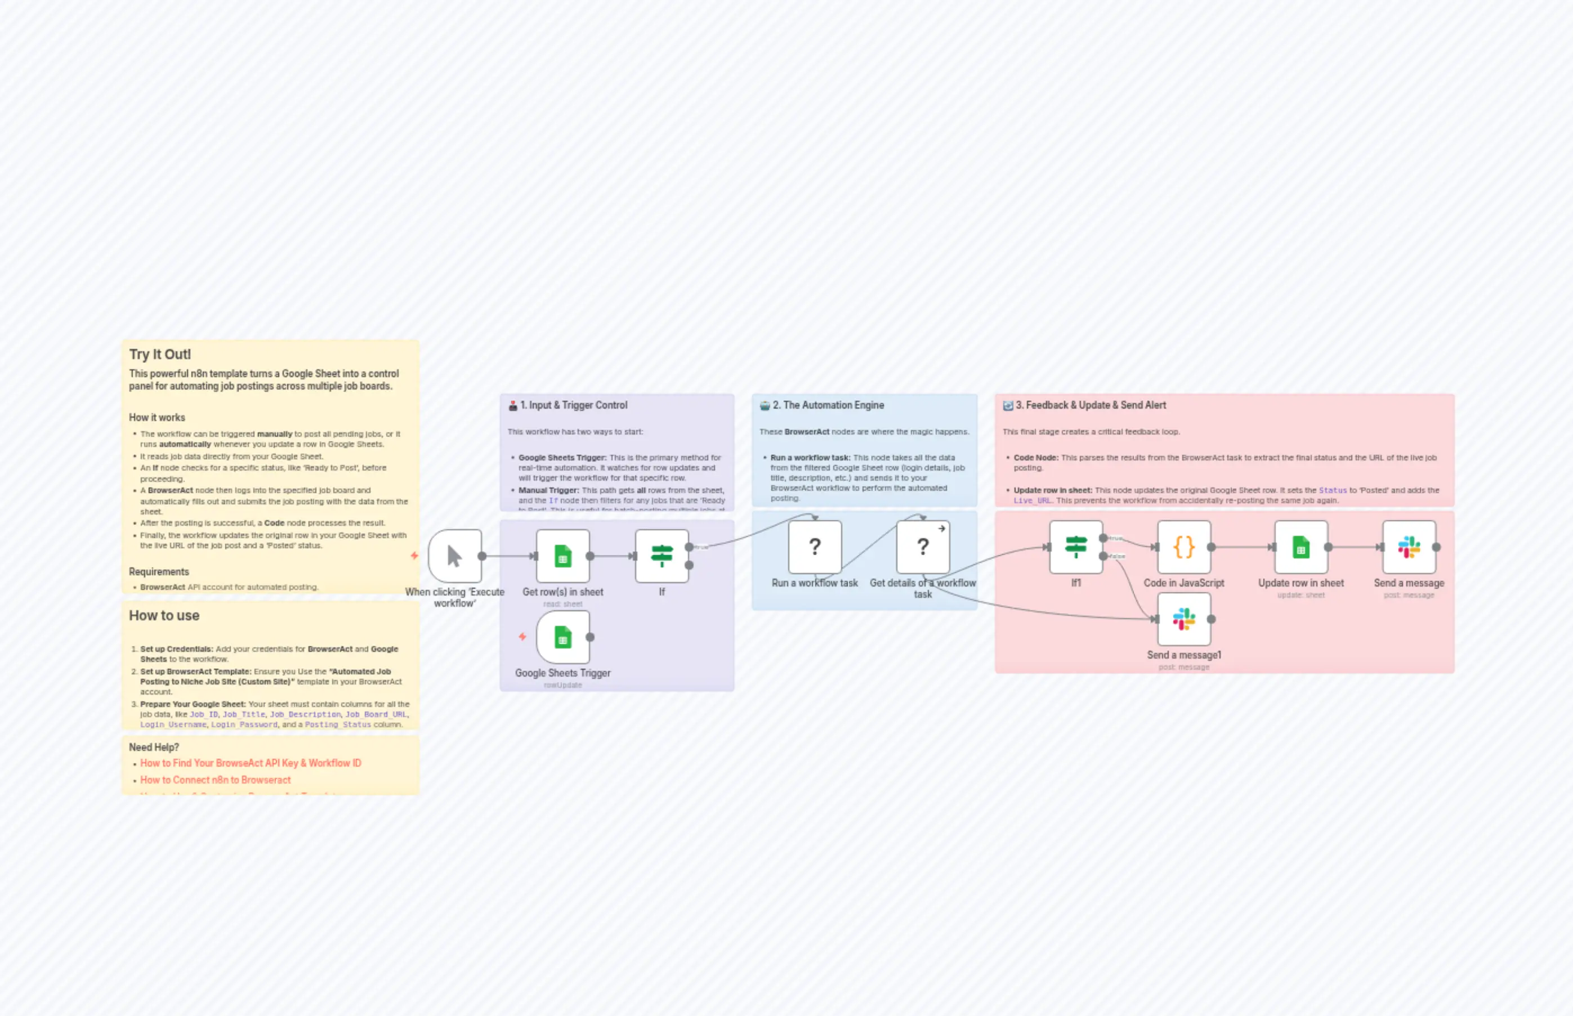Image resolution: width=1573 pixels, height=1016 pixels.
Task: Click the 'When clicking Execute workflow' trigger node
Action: (x=454, y=556)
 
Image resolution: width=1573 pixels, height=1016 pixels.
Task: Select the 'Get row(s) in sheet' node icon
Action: (x=562, y=556)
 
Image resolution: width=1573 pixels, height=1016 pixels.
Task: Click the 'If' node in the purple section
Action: (x=661, y=556)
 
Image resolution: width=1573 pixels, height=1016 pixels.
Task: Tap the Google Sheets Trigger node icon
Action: (x=562, y=637)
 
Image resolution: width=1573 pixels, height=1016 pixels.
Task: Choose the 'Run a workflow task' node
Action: (x=814, y=547)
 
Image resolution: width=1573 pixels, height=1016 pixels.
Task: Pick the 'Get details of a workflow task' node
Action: (x=922, y=547)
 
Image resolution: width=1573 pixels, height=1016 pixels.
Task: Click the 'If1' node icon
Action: (x=1075, y=547)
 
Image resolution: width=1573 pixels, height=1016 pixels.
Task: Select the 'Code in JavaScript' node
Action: (x=1184, y=547)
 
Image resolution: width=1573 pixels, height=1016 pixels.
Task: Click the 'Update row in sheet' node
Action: (x=1301, y=547)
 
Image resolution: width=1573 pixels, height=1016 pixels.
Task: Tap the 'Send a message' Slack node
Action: (x=1409, y=547)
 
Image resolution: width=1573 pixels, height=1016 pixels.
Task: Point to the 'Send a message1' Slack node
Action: (x=1184, y=619)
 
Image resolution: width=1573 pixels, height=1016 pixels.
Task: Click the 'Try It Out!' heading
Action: (x=160, y=354)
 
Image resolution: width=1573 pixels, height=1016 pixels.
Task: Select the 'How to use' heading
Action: (x=164, y=616)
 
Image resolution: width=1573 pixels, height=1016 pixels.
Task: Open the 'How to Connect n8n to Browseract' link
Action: (x=215, y=780)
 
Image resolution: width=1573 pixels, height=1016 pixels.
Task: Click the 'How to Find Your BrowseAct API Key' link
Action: (x=251, y=763)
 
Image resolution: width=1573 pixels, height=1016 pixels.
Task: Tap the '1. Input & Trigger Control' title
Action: (x=573, y=405)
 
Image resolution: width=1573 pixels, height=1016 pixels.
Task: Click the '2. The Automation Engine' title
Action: (x=828, y=405)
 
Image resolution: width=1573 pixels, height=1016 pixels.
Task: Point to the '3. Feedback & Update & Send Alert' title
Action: (x=1090, y=405)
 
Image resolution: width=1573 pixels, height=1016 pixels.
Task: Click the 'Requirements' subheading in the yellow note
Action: (x=159, y=571)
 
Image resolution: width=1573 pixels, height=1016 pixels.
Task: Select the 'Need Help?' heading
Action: (x=154, y=747)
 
